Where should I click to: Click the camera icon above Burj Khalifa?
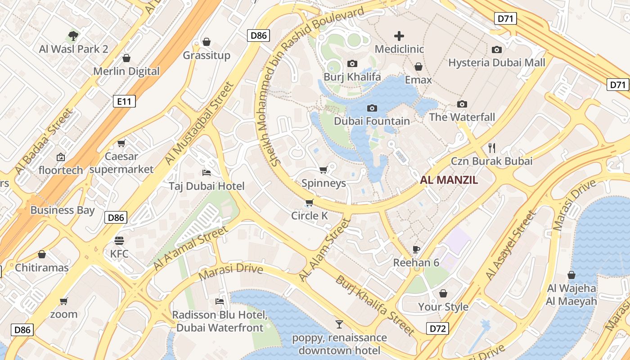(x=352, y=64)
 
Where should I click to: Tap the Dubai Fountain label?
(x=372, y=121)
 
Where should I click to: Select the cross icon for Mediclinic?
(x=399, y=36)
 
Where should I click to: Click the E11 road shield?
(x=124, y=102)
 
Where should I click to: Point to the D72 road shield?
(x=438, y=328)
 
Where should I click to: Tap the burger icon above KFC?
(x=119, y=241)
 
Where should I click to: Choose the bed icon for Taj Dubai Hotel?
(x=207, y=173)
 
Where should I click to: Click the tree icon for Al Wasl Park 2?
(x=73, y=36)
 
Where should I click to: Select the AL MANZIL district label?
(x=449, y=180)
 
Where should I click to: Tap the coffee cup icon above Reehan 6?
(x=416, y=249)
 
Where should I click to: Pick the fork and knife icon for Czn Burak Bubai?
(x=492, y=148)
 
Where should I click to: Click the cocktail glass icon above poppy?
(x=339, y=324)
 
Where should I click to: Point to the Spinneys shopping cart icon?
(x=323, y=170)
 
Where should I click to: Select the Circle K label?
(x=310, y=216)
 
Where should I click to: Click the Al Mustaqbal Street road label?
(x=199, y=123)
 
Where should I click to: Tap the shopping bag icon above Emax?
(x=418, y=67)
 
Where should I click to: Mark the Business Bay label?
(x=63, y=210)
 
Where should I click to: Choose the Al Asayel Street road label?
(x=511, y=245)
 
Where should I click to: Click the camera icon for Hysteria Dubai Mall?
(x=497, y=49)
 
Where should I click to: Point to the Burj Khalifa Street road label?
(x=374, y=306)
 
